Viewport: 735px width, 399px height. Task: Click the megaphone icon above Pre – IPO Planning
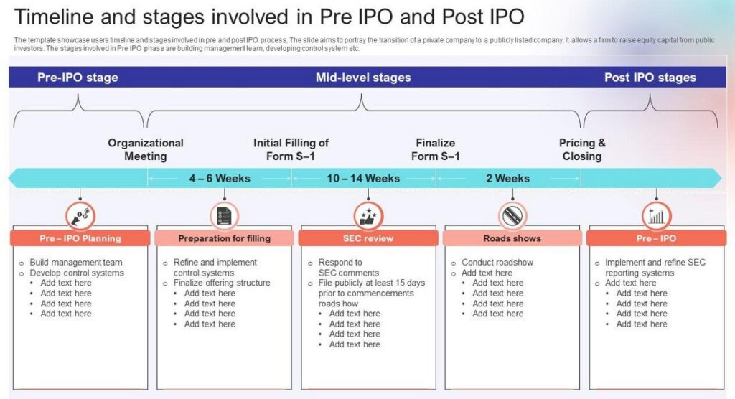tap(80, 216)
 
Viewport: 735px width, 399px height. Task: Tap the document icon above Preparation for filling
tap(224, 216)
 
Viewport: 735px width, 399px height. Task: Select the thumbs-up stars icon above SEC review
tap(368, 216)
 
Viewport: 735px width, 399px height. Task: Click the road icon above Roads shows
tap(512, 216)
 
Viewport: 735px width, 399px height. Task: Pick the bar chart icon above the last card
tap(656, 216)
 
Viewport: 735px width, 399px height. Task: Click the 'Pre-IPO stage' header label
tap(78, 78)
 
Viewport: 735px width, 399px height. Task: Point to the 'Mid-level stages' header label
tap(363, 78)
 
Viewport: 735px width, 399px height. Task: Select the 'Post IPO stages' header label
tap(650, 78)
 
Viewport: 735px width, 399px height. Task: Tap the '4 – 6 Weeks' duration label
tap(220, 178)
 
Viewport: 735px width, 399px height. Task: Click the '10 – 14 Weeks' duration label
tap(363, 178)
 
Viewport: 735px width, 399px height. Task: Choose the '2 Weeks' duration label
tap(507, 178)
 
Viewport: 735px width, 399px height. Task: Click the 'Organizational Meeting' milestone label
tap(146, 149)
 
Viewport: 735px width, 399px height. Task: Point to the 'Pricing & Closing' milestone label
tap(582, 149)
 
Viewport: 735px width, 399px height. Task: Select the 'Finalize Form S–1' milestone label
tap(436, 149)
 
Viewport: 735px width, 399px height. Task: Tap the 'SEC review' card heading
tap(368, 238)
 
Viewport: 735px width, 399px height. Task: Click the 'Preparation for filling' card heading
tap(224, 238)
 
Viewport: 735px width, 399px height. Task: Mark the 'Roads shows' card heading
tap(512, 238)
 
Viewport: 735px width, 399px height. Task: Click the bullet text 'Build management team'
tap(76, 262)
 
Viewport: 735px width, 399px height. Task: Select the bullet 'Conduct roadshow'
tap(497, 262)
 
